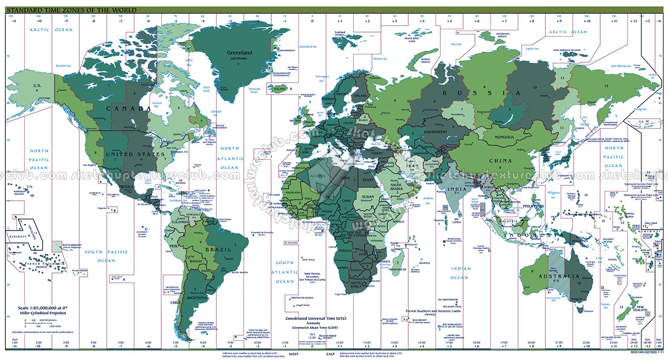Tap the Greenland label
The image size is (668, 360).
point(239,53)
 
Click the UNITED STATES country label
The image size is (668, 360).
point(135,154)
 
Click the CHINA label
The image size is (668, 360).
point(500,161)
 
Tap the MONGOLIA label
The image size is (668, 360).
point(504,137)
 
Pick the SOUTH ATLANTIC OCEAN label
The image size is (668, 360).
point(285,272)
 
